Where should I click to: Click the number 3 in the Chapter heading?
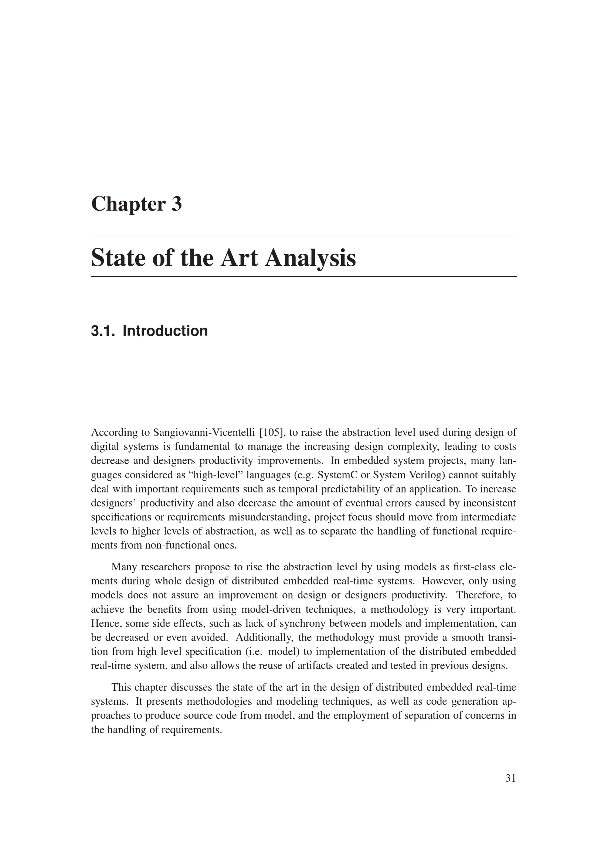[176, 204]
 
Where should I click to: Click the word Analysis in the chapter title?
[310, 258]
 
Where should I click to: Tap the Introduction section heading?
[165, 331]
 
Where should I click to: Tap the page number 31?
[510, 778]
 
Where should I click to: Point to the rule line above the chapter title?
[303, 236]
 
